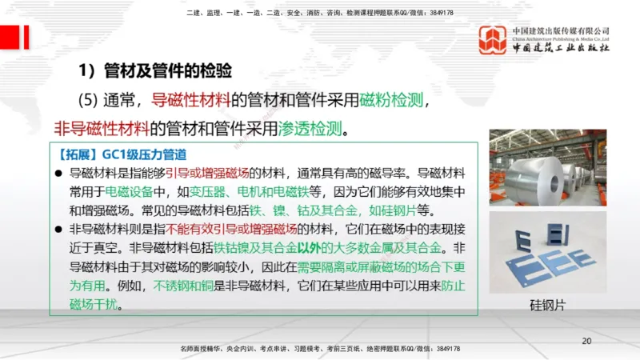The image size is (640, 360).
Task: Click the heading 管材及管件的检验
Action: click(167, 71)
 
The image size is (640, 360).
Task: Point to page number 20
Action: click(586, 342)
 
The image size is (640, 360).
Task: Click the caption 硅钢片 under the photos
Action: click(547, 305)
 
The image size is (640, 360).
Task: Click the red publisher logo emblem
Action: click(493, 40)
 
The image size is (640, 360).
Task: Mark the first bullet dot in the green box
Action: click(58, 173)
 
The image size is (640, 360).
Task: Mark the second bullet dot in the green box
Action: click(58, 230)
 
